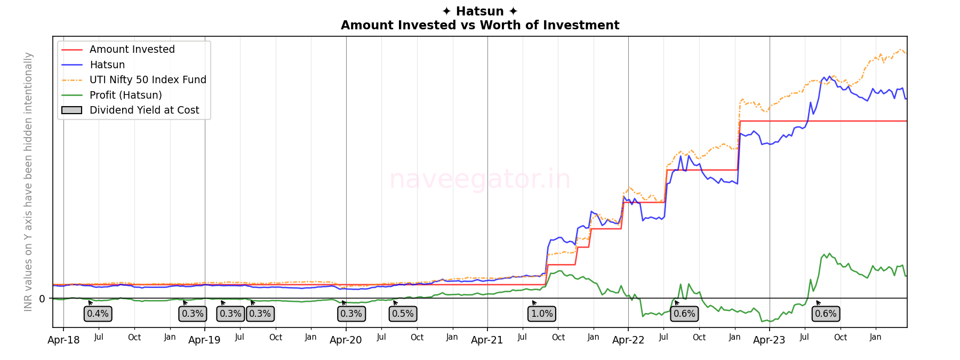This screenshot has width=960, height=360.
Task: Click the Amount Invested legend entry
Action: pyautogui.click(x=132, y=50)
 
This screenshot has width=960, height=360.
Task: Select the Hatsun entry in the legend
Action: pyautogui.click(x=107, y=65)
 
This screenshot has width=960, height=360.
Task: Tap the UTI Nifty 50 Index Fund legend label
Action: pyautogui.click(x=148, y=80)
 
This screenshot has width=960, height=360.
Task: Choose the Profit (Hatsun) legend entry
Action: pyautogui.click(x=125, y=95)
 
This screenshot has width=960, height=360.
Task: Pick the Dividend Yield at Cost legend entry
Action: pyautogui.click(x=144, y=110)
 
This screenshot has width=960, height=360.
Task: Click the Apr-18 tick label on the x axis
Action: pyautogui.click(x=63, y=340)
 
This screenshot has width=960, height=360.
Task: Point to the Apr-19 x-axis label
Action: pyautogui.click(x=205, y=340)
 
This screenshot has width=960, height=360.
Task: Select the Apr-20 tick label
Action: pyautogui.click(x=346, y=340)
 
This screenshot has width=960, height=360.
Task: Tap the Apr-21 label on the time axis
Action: pyautogui.click(x=487, y=340)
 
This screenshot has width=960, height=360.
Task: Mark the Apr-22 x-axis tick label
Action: pyautogui.click(x=628, y=340)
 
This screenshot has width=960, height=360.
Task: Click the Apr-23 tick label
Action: pyautogui.click(x=769, y=340)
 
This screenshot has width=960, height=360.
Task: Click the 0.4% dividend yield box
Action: pyautogui.click(x=98, y=314)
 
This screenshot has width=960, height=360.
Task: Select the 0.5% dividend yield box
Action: pyautogui.click(x=403, y=314)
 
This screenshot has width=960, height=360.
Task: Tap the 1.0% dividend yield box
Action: pyautogui.click(x=542, y=314)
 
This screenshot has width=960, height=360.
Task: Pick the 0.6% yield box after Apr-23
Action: pyautogui.click(x=826, y=314)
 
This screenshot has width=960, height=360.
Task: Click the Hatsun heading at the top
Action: pyautogui.click(x=480, y=11)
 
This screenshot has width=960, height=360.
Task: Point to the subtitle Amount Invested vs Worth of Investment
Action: pyautogui.click(x=480, y=25)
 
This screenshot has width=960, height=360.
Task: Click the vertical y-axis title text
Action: pyautogui.click(x=28, y=181)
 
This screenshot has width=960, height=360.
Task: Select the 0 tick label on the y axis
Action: pyautogui.click(x=42, y=299)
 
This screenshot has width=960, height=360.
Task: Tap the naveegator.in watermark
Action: pyautogui.click(x=480, y=179)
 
